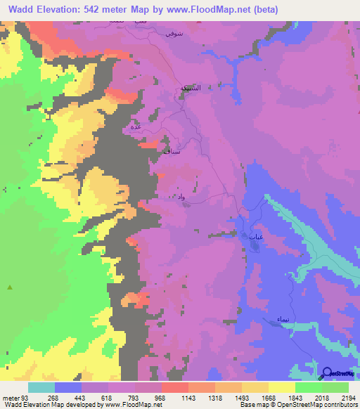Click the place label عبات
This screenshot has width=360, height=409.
pos(256,238)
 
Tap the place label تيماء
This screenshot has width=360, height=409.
pos(281,319)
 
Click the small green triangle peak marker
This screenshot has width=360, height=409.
pos(10,287)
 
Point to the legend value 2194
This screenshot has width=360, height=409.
pos(349,397)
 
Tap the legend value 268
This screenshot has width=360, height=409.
pos(42,397)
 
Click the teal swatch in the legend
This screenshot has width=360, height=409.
pos(41,387)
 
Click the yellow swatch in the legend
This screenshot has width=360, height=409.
pos(281,387)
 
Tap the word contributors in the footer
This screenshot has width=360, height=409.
pos(340,404)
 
